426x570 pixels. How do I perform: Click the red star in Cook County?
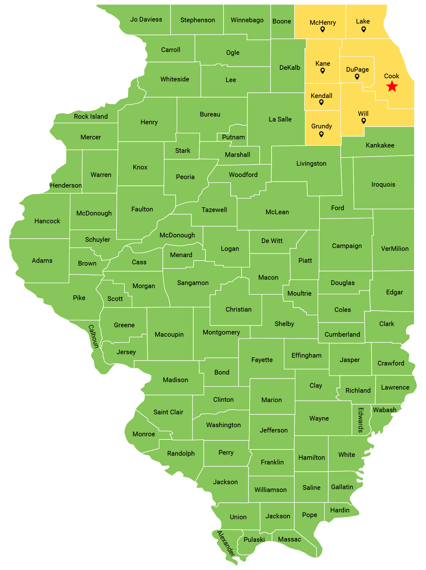(392, 86)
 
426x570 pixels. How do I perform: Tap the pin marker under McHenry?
(323, 29)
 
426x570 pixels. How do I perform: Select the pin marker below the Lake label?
(364, 29)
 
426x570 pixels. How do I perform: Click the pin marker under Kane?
(323, 71)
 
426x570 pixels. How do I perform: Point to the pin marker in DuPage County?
(357, 77)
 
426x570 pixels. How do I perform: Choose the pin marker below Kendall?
(321, 102)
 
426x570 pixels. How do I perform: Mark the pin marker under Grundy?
(321, 134)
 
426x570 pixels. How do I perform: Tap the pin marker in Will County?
(364, 121)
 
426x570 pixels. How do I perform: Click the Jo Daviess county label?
(146, 19)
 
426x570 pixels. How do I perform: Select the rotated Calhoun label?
(93, 336)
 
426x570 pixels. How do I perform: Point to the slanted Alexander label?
(226, 543)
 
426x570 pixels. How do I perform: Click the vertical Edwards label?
(361, 420)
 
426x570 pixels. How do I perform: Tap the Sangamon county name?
(193, 283)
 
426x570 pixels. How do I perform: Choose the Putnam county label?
(233, 137)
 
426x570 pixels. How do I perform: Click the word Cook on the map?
(392, 76)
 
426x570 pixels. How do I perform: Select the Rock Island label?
(91, 117)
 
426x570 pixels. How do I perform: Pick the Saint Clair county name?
(168, 412)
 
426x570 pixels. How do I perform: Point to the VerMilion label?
(395, 249)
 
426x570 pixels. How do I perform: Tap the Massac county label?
(289, 539)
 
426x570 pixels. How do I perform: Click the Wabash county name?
(385, 410)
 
